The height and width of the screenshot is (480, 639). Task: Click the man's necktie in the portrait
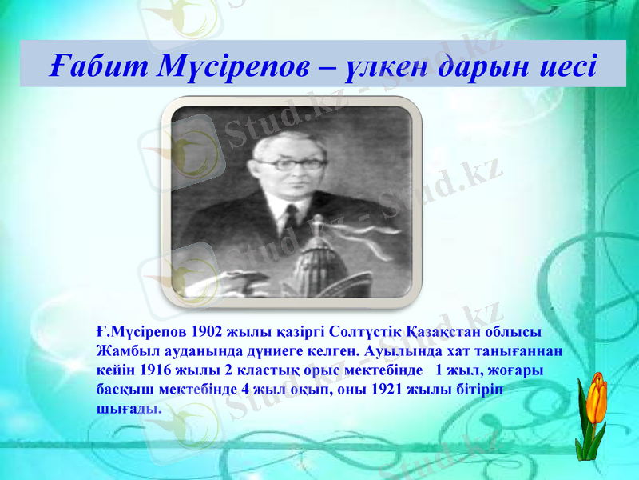[291, 220]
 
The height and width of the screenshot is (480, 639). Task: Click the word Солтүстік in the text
[364, 330]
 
